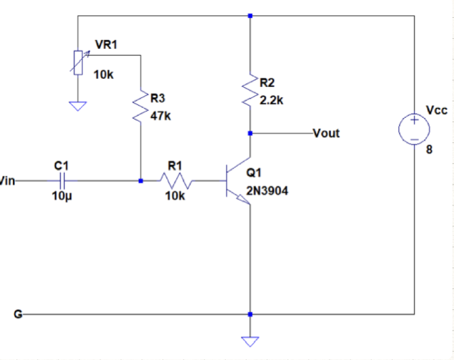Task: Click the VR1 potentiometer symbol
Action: [78, 62]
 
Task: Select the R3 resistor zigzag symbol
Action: [141, 104]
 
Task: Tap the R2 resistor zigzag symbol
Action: [250, 91]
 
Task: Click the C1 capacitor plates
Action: [62, 181]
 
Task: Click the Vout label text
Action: [326, 133]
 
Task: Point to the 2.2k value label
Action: [271, 100]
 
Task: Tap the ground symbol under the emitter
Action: [250, 340]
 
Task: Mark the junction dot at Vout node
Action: [250, 133]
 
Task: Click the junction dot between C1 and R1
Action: [141, 181]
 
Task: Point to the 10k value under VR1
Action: [103, 75]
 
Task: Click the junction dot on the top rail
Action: [250, 15]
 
